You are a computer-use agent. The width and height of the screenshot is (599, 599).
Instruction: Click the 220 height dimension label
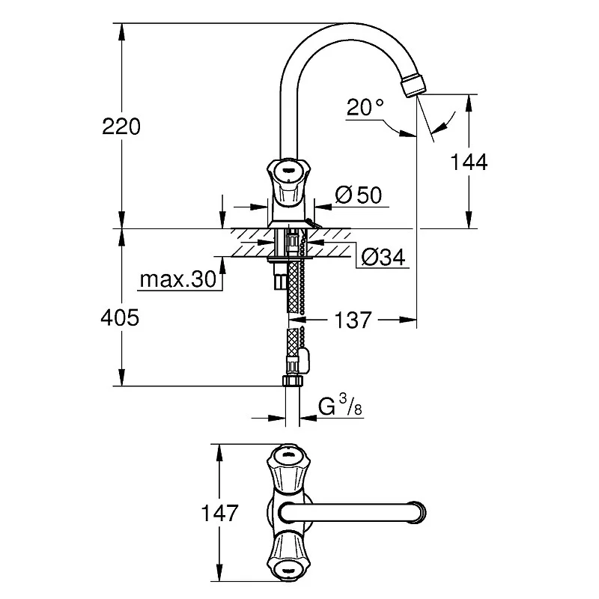[x=121, y=127]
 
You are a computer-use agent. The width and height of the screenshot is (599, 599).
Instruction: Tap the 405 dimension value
[x=120, y=317]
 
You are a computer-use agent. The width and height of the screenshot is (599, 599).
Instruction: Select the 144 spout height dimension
[x=469, y=162]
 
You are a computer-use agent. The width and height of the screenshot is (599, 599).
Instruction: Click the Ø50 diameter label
[x=359, y=195]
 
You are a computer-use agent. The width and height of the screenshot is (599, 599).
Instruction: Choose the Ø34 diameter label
[x=383, y=257]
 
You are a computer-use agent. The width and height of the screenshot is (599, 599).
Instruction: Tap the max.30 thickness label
[x=178, y=279]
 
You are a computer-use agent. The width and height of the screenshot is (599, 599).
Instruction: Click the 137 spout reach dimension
[x=353, y=320]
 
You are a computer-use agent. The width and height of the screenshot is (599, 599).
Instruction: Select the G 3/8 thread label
[x=340, y=406]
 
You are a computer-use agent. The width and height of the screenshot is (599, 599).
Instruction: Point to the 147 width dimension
[x=219, y=513]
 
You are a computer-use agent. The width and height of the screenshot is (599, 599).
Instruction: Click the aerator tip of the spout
[x=413, y=85]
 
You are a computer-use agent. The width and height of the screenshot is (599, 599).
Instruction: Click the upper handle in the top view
[x=288, y=468]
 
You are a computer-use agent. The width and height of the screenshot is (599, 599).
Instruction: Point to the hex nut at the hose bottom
[x=292, y=381]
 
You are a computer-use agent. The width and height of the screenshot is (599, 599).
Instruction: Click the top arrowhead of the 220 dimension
[x=121, y=31]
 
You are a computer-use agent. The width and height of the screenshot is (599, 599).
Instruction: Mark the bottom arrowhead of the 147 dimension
[x=219, y=573]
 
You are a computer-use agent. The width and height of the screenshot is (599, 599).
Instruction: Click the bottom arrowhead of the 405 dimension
[x=121, y=377]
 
